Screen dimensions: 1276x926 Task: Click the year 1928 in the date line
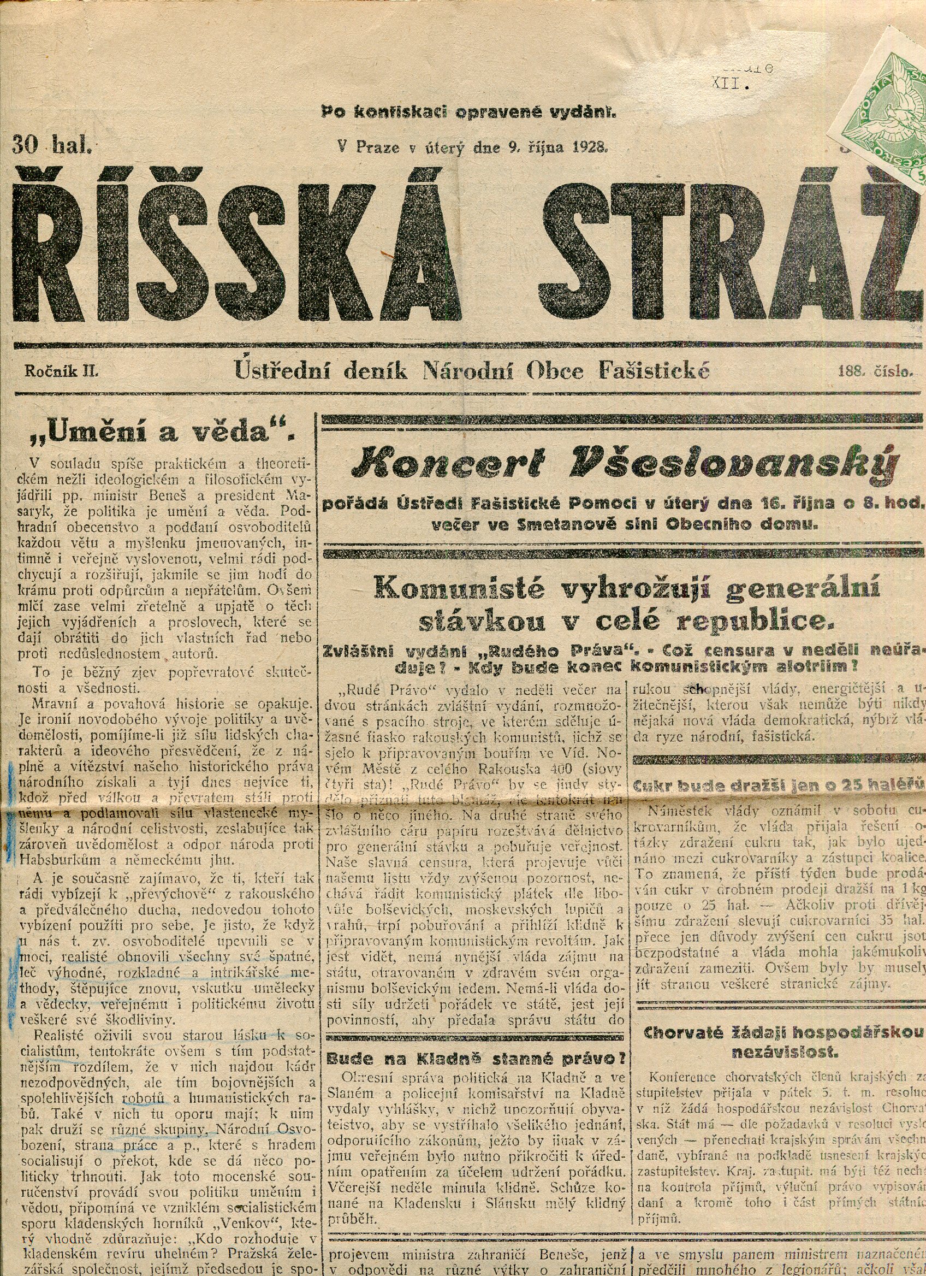click(x=590, y=147)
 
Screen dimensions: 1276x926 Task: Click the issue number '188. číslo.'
click(x=874, y=371)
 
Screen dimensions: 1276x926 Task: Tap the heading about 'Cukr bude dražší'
click(x=779, y=785)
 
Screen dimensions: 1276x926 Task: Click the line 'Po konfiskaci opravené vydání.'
click(x=469, y=111)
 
